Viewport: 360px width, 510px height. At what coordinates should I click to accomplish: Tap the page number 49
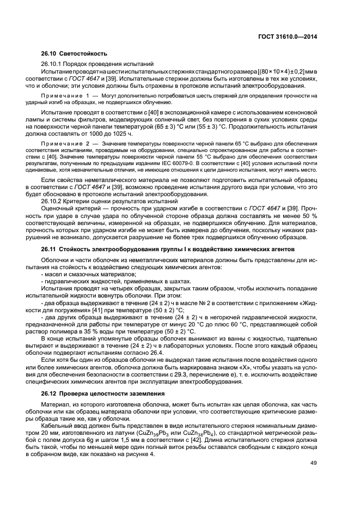313,463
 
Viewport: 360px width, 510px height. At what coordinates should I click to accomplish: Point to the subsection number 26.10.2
52,201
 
